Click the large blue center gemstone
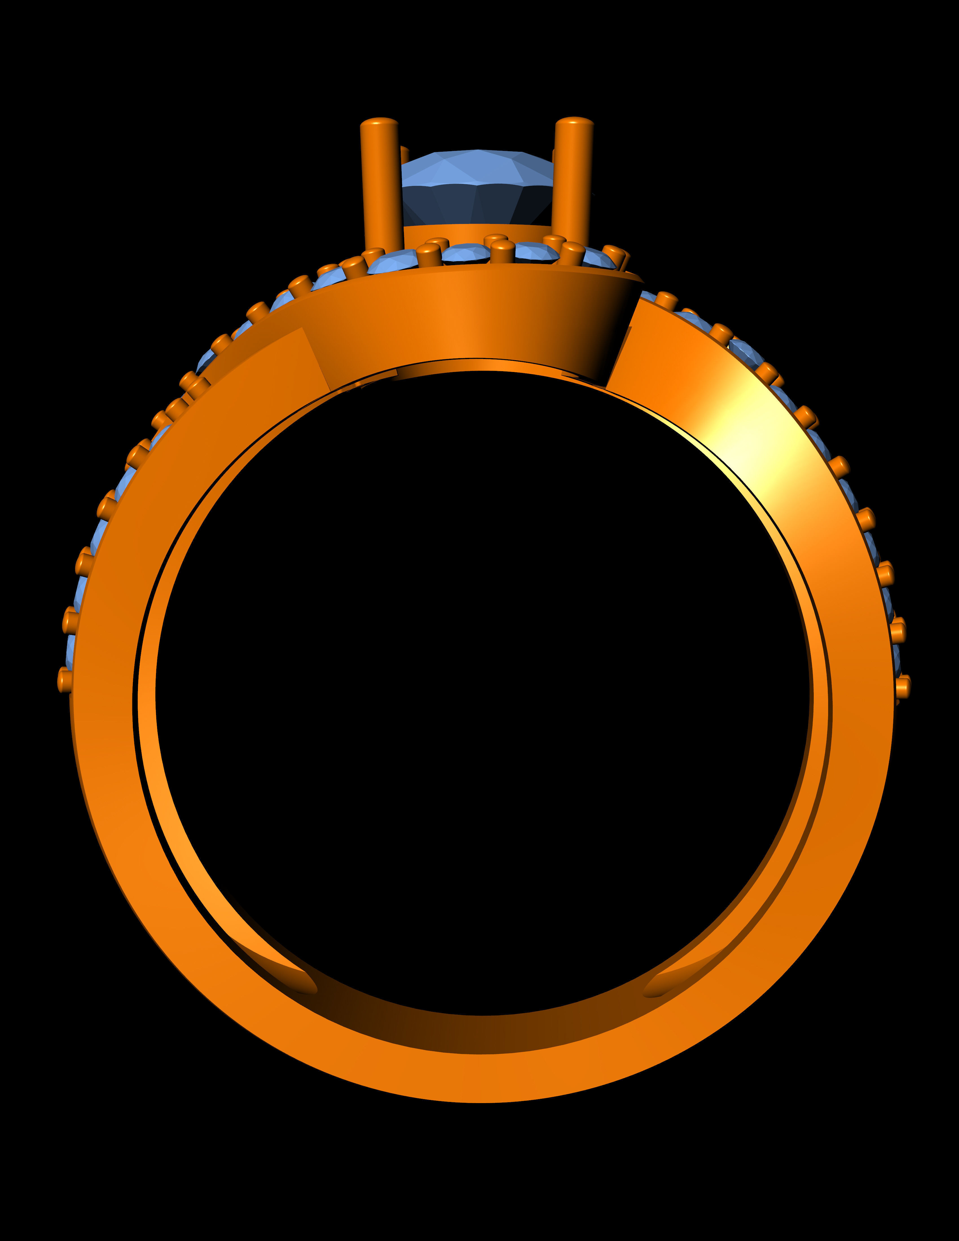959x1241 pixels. click(x=477, y=188)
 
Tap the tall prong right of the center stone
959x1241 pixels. click(x=573, y=182)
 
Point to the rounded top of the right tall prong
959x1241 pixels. click(x=574, y=122)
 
